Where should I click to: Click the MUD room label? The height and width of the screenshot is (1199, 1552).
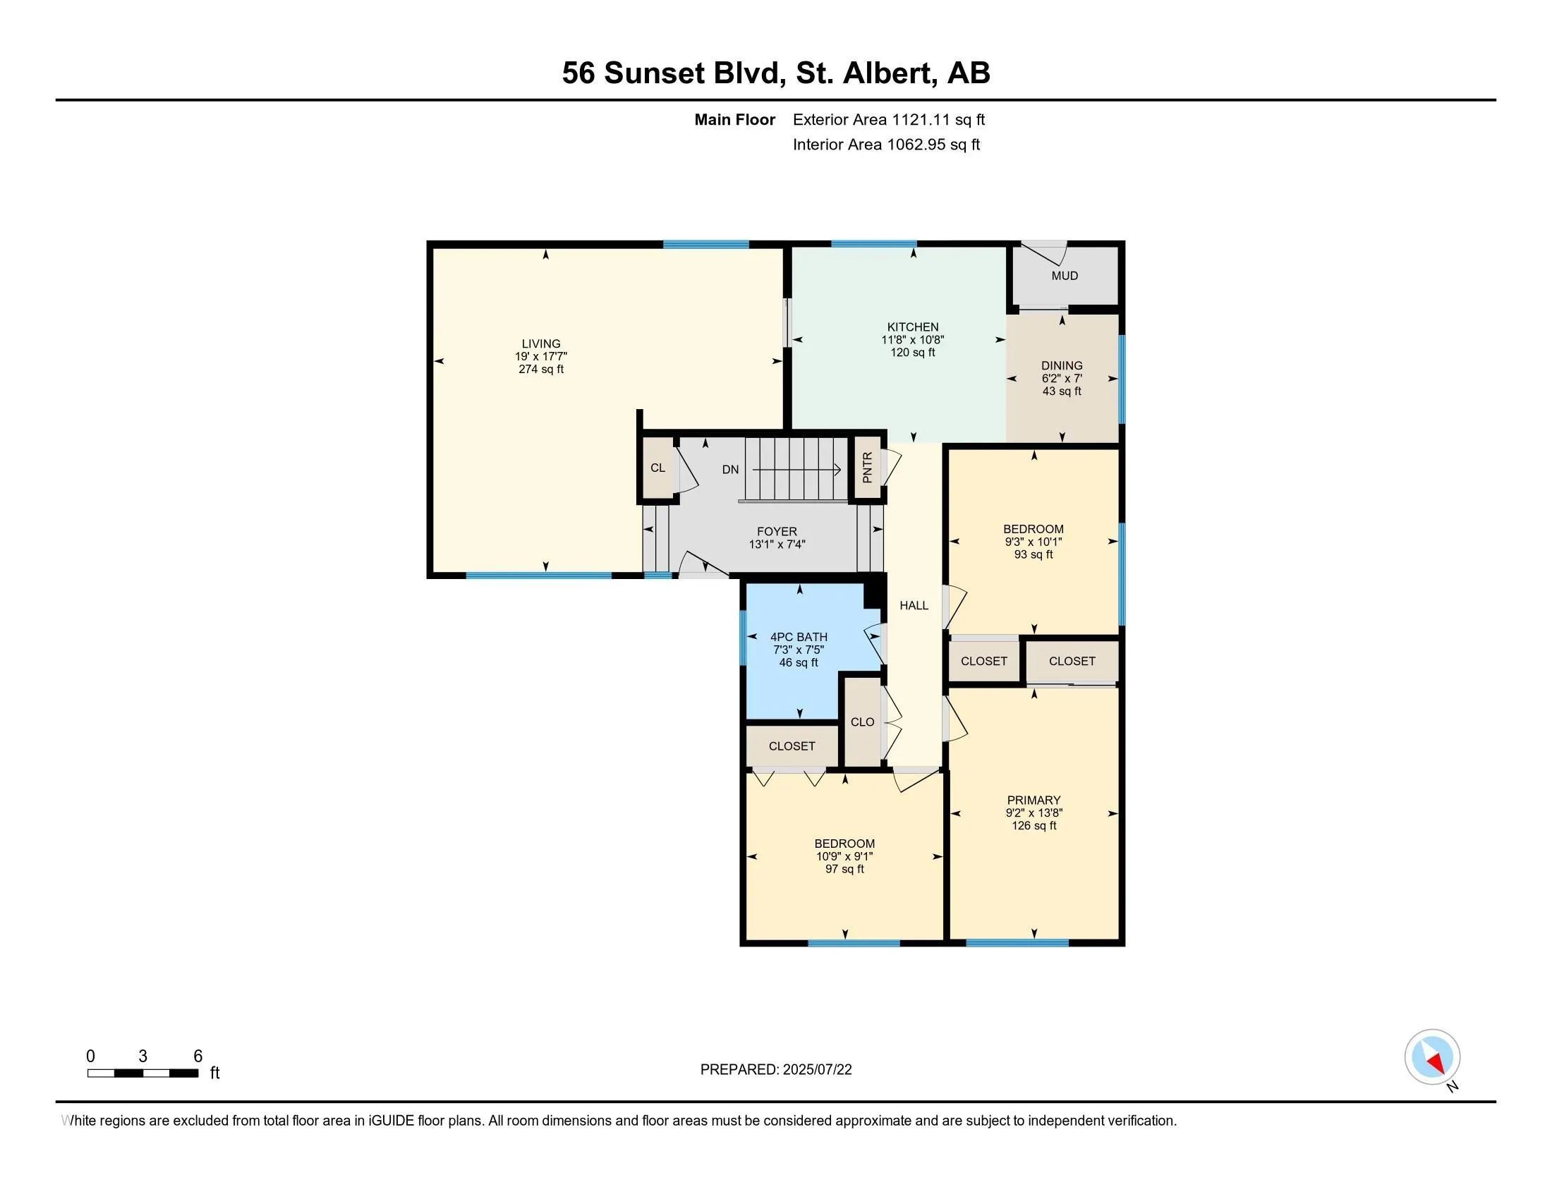tap(1065, 276)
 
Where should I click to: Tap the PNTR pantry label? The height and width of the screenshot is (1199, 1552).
tap(867, 468)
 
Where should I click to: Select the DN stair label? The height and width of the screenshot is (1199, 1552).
tap(731, 470)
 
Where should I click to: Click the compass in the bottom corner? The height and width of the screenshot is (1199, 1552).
tap(1432, 1057)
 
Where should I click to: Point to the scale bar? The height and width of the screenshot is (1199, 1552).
tap(143, 1073)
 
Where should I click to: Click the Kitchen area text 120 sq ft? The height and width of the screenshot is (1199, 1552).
tap(912, 353)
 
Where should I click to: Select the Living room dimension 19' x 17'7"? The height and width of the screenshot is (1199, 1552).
tap(541, 357)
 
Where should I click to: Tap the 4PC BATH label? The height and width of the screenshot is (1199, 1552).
tap(799, 637)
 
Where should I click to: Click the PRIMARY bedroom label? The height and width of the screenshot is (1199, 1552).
tap(1033, 800)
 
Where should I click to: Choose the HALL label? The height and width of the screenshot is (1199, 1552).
tap(914, 605)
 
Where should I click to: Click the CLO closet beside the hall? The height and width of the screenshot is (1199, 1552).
tap(862, 722)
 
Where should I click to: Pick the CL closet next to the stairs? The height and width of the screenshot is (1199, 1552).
tap(657, 468)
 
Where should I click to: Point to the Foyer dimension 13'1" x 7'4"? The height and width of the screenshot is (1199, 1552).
tap(777, 544)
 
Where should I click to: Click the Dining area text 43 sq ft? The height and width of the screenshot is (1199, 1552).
tap(1062, 391)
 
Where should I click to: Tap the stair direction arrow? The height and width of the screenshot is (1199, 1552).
tap(796, 470)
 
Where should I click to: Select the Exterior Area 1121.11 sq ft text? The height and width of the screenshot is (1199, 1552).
tap(889, 119)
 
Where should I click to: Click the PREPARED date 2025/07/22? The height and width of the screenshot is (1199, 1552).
tap(817, 1070)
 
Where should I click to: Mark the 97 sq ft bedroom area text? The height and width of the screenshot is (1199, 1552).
tap(844, 869)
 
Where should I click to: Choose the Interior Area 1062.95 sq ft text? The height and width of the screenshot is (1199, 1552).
tap(886, 144)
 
